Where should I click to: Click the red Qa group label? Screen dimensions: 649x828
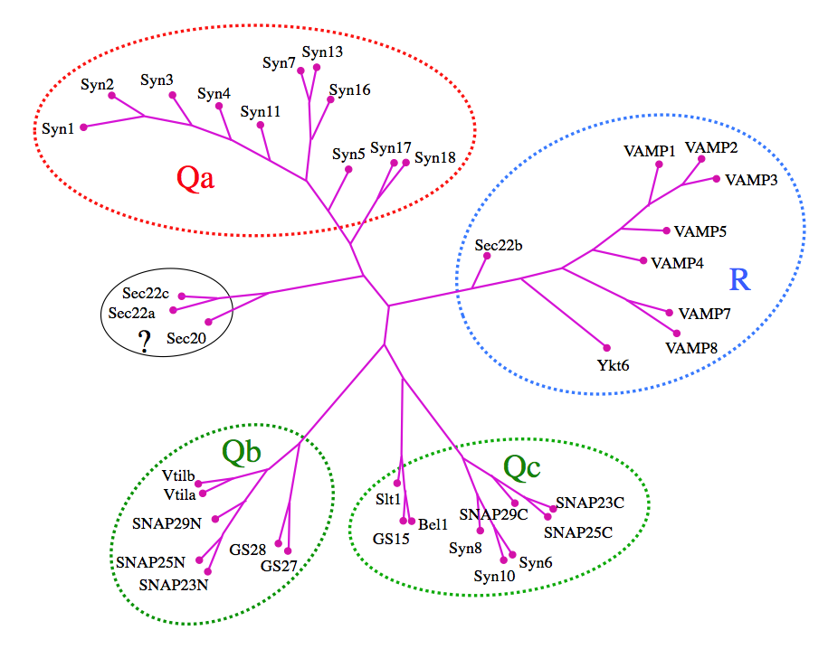coord(195,180)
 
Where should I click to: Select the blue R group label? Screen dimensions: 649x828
coord(739,279)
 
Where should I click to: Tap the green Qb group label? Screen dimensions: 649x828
coord(243,452)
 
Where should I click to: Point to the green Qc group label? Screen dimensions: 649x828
coord(522,466)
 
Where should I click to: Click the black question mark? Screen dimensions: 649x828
coord(143,341)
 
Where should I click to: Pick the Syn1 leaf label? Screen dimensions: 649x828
coord(58,127)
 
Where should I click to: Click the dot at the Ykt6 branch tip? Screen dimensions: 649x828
coord(606,347)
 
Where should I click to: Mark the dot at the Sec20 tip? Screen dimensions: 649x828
coord(208,322)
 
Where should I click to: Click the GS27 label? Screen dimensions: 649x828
coord(279,566)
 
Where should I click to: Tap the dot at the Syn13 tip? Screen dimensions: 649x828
coord(317,67)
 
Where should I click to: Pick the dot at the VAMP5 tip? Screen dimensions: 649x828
coord(666,231)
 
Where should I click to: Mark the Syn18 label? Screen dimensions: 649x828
coord(434,157)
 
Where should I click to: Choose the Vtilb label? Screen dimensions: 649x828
coord(180,476)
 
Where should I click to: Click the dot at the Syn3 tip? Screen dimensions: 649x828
coord(173,95)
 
